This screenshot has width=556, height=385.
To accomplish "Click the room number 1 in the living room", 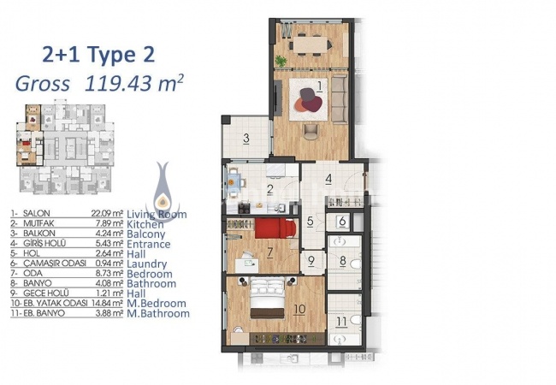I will (318, 86).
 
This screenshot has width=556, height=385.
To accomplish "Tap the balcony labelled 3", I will (245, 139).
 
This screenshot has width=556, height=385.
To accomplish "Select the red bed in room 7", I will (269, 228).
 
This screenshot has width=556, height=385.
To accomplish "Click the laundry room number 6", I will (341, 221).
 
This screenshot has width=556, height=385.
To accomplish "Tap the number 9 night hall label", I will (311, 262).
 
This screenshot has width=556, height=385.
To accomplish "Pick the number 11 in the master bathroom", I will (340, 323).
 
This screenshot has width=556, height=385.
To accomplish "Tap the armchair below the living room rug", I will (311, 130).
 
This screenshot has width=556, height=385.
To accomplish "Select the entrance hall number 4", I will (328, 180).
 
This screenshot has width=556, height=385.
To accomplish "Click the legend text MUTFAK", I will (39, 224).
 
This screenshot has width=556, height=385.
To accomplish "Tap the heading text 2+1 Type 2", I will (98, 56).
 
